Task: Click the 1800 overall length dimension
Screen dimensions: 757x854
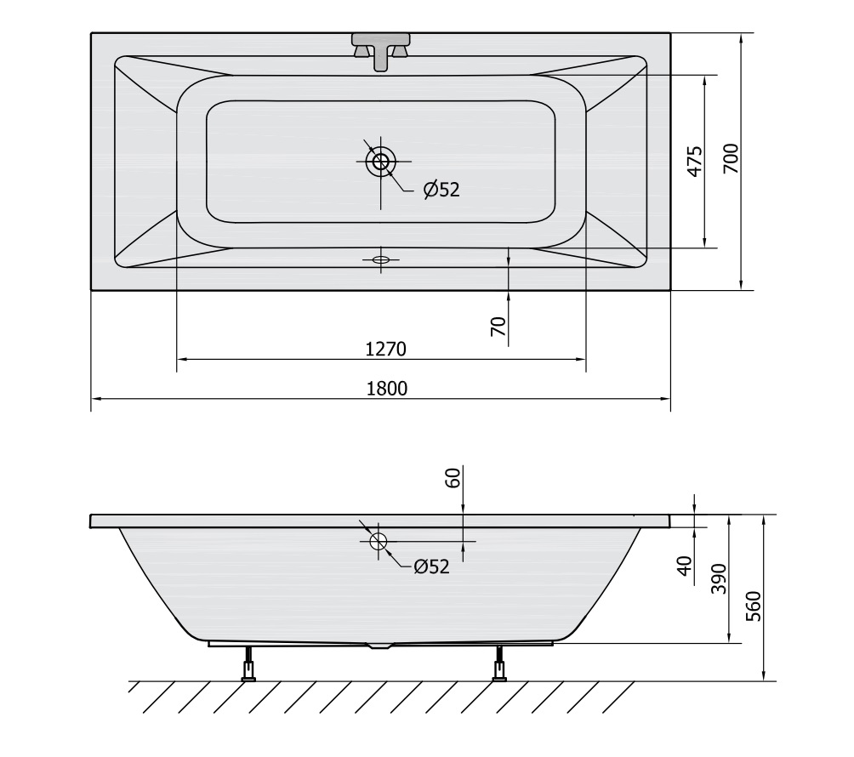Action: (x=387, y=388)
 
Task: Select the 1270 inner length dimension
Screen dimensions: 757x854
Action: (x=387, y=349)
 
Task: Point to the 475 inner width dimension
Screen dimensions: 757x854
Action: (x=694, y=162)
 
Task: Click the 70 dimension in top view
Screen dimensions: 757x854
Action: (x=498, y=327)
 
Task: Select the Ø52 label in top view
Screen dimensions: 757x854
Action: (x=441, y=190)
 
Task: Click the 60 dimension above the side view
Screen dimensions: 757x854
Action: (x=453, y=478)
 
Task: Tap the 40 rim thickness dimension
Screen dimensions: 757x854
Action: (x=684, y=565)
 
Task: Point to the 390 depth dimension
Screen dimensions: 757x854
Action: (x=719, y=578)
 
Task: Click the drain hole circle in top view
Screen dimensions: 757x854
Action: (x=380, y=161)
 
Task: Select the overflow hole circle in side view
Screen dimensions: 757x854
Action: (x=378, y=541)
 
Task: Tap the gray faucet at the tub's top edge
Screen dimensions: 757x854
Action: (x=380, y=48)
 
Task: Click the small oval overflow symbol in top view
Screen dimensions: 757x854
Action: (x=380, y=259)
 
